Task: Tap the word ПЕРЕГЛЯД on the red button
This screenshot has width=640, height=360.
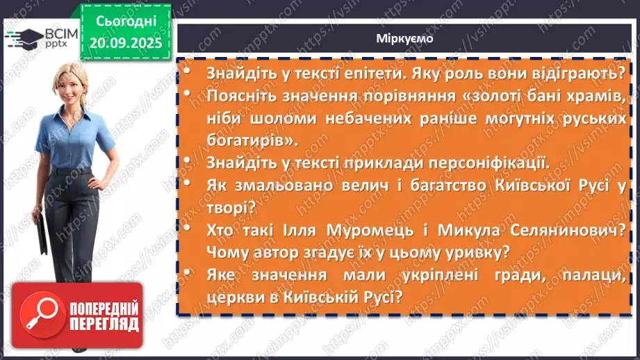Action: pos(103,324)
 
